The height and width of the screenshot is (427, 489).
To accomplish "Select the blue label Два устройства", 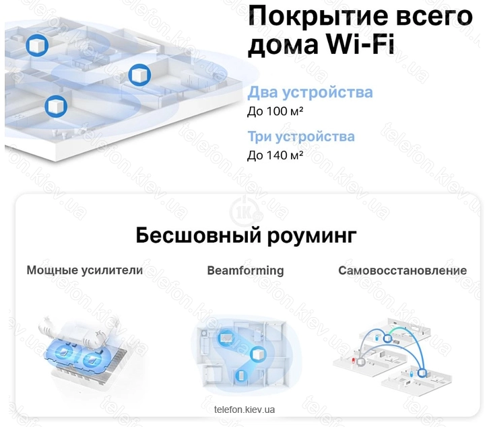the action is (310, 93).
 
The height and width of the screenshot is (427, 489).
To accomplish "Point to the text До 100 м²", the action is (275, 111).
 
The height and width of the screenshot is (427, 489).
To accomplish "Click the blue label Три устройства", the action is (301, 137).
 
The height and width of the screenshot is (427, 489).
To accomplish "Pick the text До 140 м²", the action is (275, 155).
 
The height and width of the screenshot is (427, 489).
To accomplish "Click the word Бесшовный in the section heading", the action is (198, 235).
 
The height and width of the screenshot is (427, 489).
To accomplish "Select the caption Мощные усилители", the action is (84, 270).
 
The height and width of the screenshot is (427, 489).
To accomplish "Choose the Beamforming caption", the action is (245, 270).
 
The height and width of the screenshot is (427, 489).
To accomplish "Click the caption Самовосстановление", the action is (403, 270).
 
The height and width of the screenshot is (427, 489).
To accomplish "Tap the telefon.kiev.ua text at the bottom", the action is (244, 410).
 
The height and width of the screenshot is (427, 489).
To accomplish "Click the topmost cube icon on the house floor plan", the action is (37, 45).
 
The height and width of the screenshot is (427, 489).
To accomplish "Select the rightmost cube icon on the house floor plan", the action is (139, 75).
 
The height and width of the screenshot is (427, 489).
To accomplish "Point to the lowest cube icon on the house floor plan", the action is (56, 106).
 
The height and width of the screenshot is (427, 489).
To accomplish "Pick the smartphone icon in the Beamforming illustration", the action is (241, 376).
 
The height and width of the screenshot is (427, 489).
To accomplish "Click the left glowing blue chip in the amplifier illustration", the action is (64, 352).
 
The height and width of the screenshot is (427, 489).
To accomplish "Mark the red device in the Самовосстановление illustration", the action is (354, 361).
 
